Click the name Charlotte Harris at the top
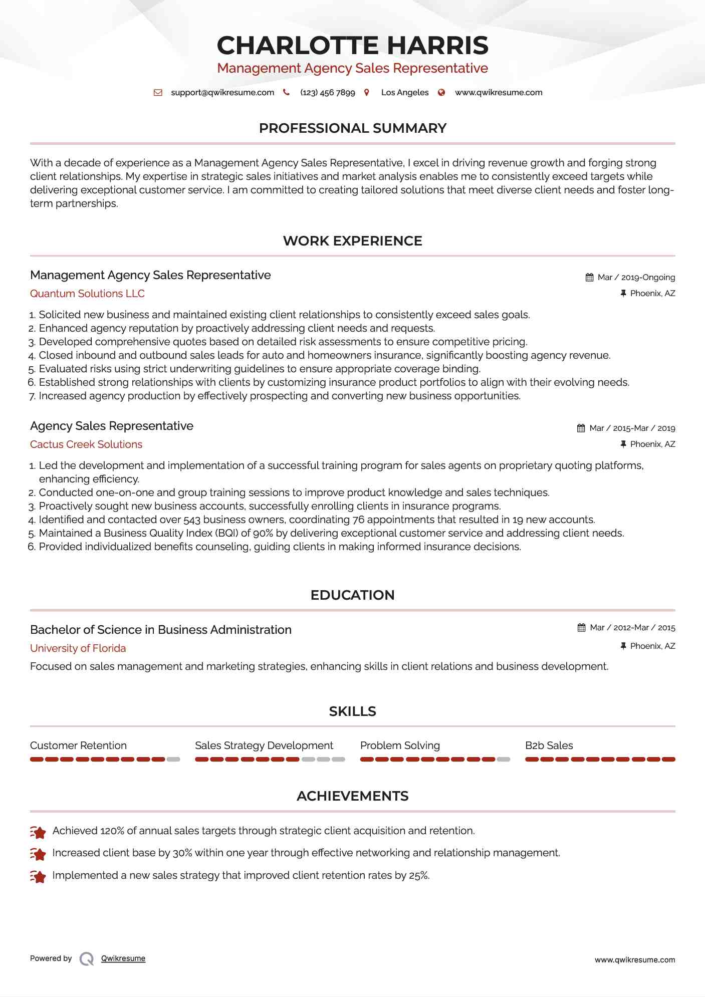[352, 45]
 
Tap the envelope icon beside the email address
[158, 93]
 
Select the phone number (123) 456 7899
[327, 93]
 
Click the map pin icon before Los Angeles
[367, 93]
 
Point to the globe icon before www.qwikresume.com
[441, 93]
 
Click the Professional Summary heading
[352, 128]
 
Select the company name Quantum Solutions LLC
[87, 294]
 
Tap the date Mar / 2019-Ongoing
[636, 278]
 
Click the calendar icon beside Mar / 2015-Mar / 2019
[581, 428]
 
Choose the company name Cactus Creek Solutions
[86, 444]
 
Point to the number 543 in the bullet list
[192, 520]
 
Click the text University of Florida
[78, 648]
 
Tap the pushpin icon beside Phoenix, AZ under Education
[623, 646]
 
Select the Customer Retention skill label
[78, 745]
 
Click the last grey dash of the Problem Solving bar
[504, 760]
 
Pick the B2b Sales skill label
[549, 745]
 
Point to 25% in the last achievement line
[418, 876]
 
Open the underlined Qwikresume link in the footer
[123, 958]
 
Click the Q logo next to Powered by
[87, 959]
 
